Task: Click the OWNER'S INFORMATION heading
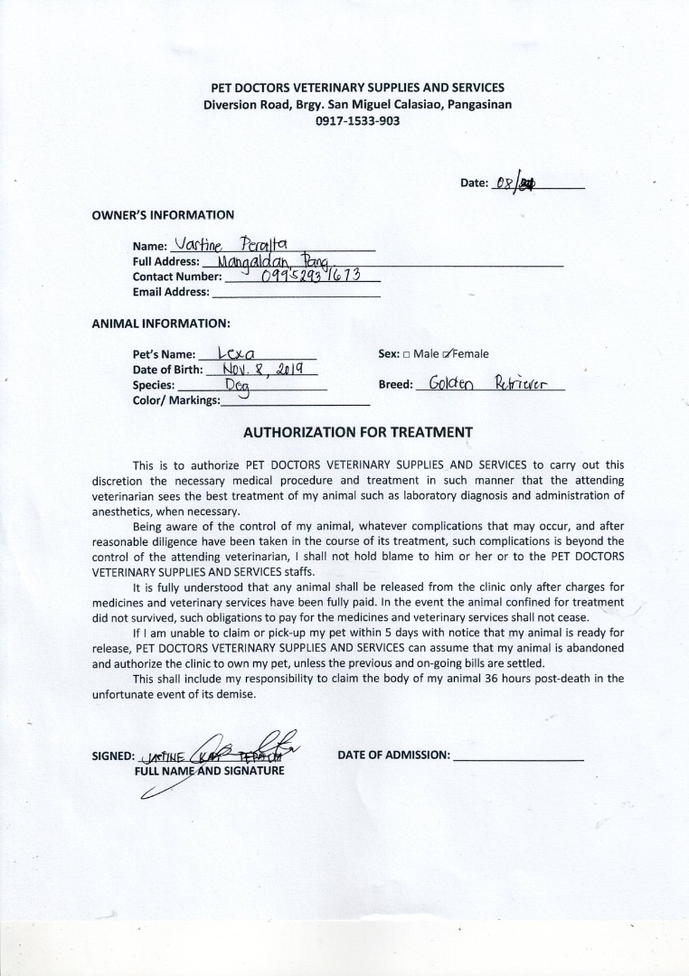(163, 215)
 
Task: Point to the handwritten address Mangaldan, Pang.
(267, 260)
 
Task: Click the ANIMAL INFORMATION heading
(161, 323)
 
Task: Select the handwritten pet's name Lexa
(235, 353)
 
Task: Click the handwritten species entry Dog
(238, 385)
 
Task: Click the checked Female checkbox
(448, 353)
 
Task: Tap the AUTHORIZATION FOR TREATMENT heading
(357, 432)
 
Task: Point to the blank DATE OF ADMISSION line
(517, 755)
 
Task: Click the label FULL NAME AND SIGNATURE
(209, 771)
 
